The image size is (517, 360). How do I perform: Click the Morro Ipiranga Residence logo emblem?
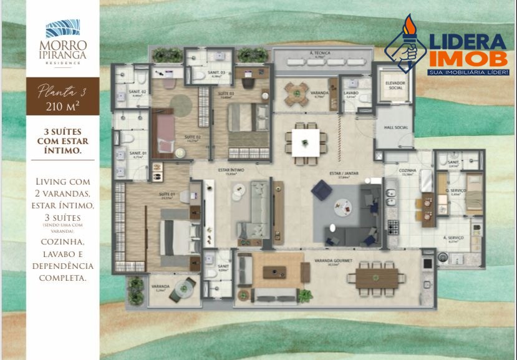(x=63, y=29)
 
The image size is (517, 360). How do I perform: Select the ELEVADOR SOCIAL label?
(x=395, y=85)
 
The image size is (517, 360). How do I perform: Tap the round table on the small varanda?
(x=183, y=288)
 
